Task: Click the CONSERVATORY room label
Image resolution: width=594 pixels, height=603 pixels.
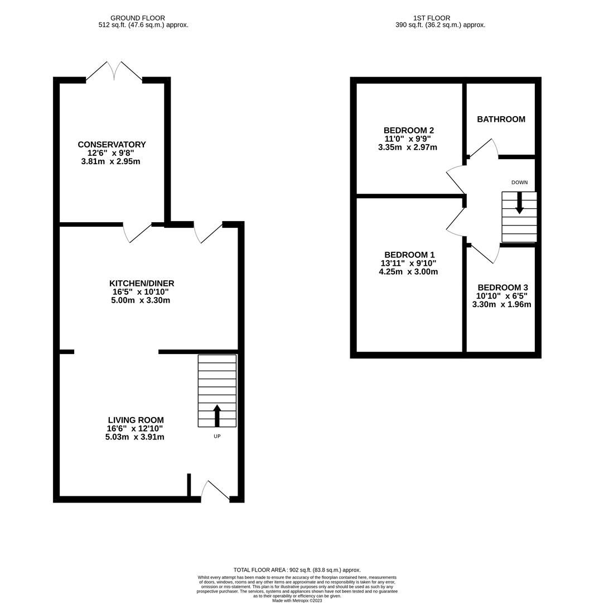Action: [112, 145]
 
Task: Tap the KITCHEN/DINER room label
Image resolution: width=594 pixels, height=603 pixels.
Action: [141, 283]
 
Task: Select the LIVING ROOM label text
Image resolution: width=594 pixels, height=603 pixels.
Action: [136, 420]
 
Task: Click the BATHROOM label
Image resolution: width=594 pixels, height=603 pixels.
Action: [501, 119]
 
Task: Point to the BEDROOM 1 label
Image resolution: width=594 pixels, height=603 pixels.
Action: [409, 255]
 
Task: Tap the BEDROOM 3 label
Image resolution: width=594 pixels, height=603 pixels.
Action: [502, 288]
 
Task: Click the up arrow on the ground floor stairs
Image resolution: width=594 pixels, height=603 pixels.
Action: [217, 415]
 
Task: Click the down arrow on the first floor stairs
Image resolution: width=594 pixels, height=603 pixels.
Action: [519, 203]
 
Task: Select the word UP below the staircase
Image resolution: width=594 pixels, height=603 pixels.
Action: [217, 436]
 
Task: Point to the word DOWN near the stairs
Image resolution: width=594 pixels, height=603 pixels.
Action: [519, 183]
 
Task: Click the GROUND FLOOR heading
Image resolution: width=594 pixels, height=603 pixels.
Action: [137, 18]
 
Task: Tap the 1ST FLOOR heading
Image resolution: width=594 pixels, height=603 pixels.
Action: [432, 18]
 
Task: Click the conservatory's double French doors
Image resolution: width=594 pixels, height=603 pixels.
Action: [114, 71]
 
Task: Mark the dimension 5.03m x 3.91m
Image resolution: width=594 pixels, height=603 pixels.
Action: [134, 437]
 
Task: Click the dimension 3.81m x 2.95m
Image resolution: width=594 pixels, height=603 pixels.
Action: [110, 161]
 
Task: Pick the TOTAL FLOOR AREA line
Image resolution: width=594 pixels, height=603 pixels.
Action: [297, 570]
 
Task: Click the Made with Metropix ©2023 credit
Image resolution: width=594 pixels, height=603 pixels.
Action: [297, 600]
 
